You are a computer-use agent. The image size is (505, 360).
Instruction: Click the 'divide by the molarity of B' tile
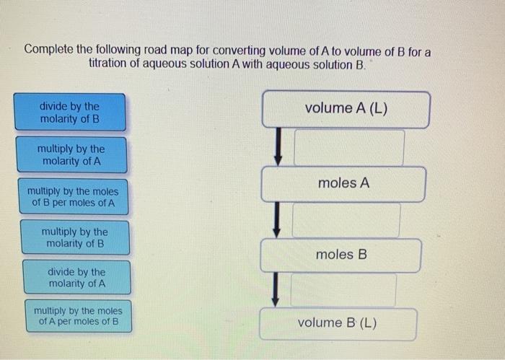pos(70,112)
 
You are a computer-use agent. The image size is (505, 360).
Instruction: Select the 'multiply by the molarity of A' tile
pos(71,155)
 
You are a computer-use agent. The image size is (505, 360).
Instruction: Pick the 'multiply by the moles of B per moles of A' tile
pos(72,197)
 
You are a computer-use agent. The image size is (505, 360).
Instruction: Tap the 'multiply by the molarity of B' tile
pos(74,237)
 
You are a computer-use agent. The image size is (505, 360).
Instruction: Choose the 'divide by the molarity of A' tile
pos(76,277)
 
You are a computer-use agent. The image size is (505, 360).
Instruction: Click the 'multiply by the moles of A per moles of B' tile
pos(78,316)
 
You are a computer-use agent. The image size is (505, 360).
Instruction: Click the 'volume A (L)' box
pos(346,109)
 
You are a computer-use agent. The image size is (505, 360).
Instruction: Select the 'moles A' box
pos(343,183)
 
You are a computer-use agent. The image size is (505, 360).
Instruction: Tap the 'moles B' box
pos(341,255)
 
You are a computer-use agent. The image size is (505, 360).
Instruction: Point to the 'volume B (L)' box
pos(338,323)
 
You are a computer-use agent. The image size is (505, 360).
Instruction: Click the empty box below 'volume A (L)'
pos(348,147)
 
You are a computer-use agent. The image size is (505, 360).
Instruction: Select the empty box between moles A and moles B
pos(346,220)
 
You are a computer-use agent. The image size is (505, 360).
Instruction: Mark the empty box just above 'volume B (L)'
pos(343,289)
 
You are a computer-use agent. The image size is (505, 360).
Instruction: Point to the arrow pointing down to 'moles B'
pos(275,219)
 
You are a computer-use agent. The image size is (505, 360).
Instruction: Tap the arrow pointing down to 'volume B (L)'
pos(273,289)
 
